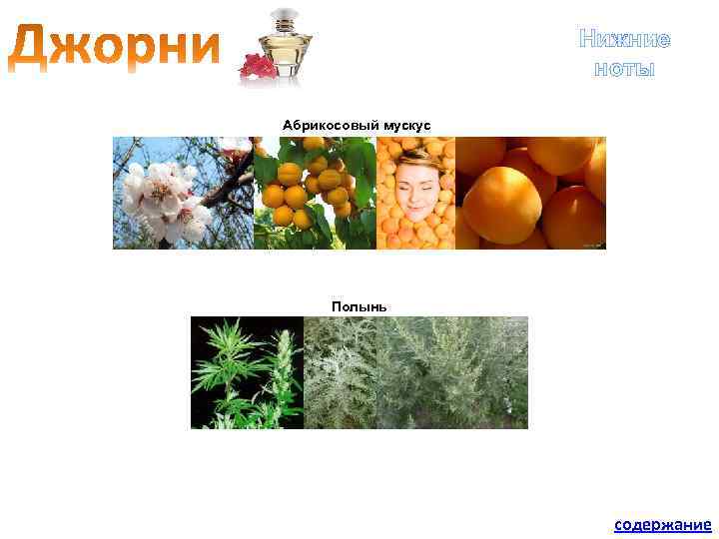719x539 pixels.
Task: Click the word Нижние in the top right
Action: point(624,39)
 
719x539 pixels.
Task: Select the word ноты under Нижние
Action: point(624,68)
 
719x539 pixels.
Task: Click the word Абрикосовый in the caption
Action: point(327,125)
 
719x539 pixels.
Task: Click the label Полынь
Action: point(359,305)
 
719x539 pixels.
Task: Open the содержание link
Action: point(662,524)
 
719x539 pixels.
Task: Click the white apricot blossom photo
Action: point(183,193)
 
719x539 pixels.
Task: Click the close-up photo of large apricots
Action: point(530,193)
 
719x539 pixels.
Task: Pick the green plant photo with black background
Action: point(247,372)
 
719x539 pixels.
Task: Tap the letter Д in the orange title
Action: point(36,47)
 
